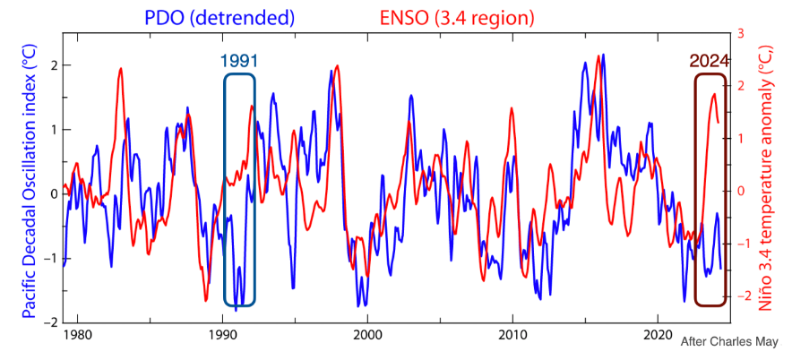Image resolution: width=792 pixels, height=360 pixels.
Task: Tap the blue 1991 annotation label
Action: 239,61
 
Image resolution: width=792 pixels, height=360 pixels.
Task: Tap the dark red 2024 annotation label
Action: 710,61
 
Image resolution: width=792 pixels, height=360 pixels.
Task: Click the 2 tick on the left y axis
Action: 55,65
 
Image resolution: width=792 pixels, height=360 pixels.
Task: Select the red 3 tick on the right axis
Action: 740,33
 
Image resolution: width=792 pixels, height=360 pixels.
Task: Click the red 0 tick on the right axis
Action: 740,191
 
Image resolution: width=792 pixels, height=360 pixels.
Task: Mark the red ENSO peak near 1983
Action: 120,69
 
